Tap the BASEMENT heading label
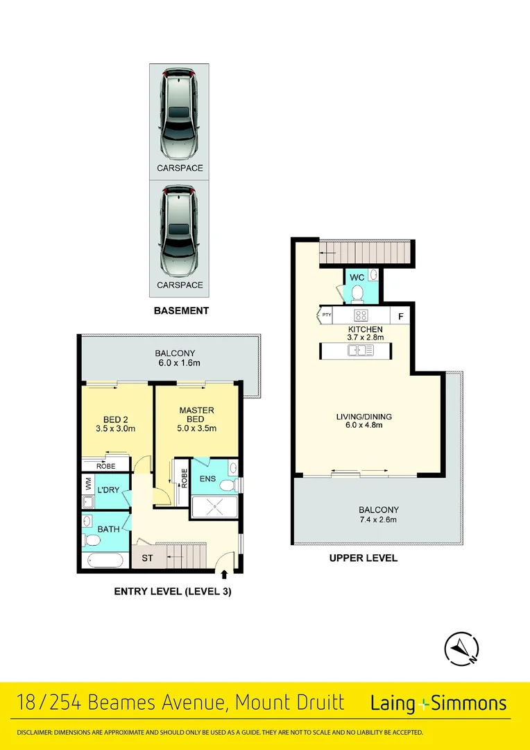(181, 310)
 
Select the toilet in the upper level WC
(357, 294)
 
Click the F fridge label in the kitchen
(400, 316)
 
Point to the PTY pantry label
(327, 316)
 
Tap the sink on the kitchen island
(361, 350)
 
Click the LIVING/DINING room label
(364, 417)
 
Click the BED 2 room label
(114, 419)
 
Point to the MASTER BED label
(197, 410)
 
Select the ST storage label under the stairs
(147, 557)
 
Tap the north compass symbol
(461, 649)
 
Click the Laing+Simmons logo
(439, 703)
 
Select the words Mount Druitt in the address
(289, 702)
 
